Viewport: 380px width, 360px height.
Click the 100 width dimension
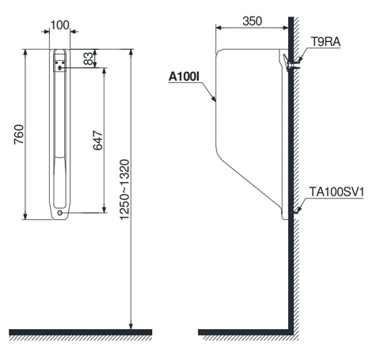coord(59,25)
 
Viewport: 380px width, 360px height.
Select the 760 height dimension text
coord(19,135)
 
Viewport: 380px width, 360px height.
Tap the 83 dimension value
coord(89,59)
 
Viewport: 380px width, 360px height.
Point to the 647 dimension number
coord(98,140)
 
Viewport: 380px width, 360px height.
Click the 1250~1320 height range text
coord(124,189)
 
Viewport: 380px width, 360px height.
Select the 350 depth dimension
coord(253,21)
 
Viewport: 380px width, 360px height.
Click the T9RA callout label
coord(325,42)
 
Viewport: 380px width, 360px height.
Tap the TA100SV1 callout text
coord(336,191)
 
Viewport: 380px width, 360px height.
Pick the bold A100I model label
coord(184,77)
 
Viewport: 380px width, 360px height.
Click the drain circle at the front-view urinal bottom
coord(60,213)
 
